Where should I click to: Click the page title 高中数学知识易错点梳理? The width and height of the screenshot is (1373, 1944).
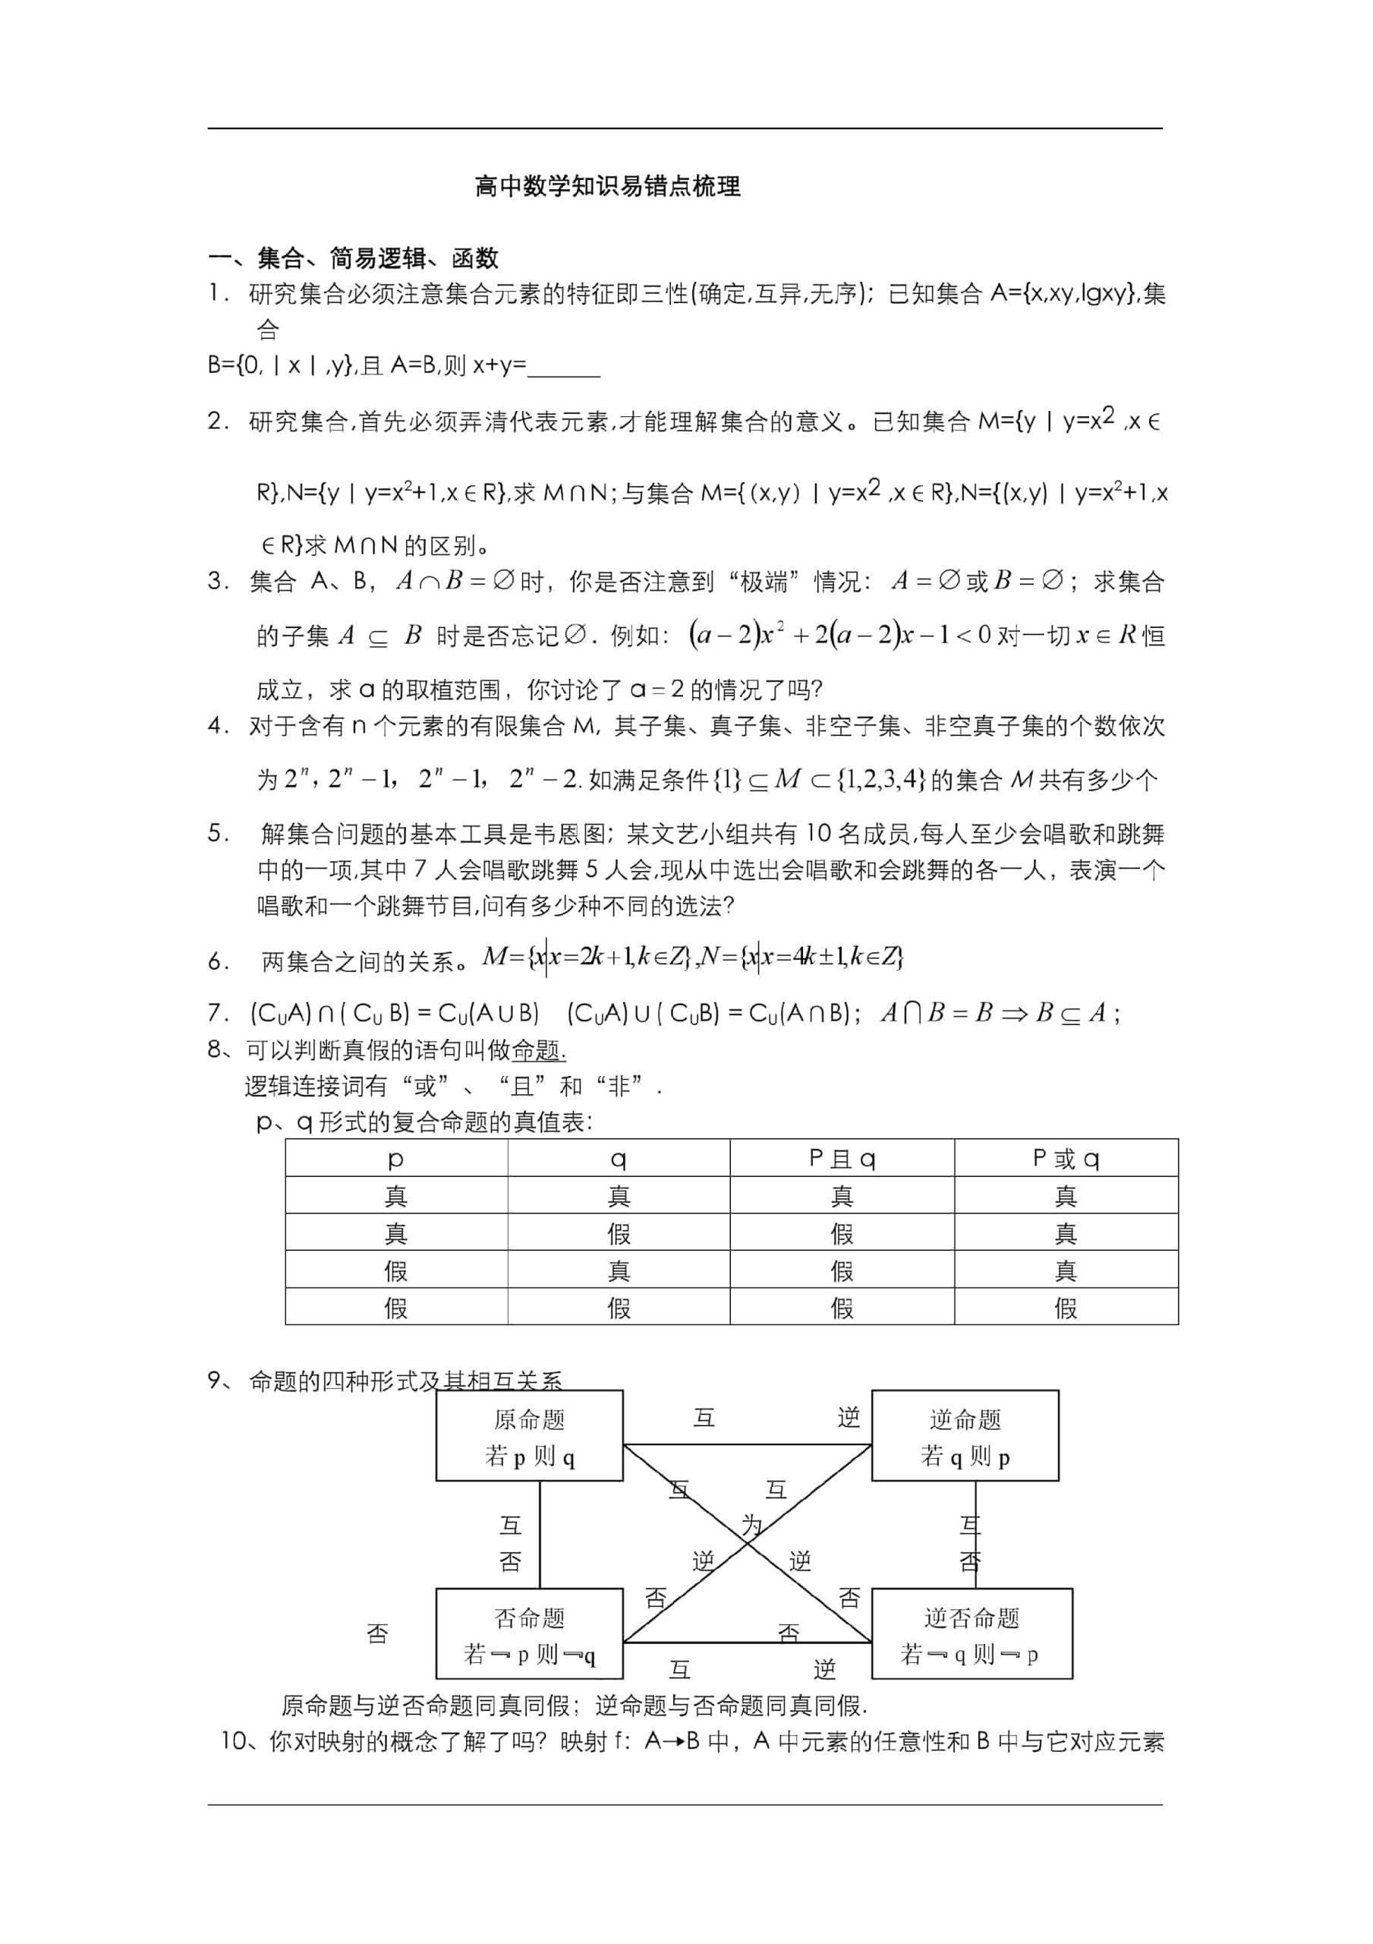tap(608, 186)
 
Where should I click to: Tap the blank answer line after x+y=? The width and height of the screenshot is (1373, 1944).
tap(564, 367)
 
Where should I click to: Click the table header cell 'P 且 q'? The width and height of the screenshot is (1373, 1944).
tap(842, 1158)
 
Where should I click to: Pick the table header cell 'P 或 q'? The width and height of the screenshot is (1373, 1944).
tap(1066, 1158)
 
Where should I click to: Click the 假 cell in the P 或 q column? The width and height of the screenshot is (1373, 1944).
tap(1066, 1308)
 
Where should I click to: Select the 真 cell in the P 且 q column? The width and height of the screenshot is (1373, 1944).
tap(842, 1195)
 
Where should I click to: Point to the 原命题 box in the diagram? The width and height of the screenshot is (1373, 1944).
tap(529, 1437)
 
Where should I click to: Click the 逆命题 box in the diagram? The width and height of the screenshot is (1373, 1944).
tap(964, 1437)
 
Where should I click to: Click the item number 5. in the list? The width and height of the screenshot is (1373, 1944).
tap(219, 834)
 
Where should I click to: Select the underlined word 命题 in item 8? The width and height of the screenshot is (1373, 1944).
tap(537, 1051)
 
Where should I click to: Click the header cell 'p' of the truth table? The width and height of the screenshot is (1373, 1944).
tap(395, 1158)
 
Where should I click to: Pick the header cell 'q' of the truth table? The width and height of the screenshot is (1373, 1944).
tap(619, 1158)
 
